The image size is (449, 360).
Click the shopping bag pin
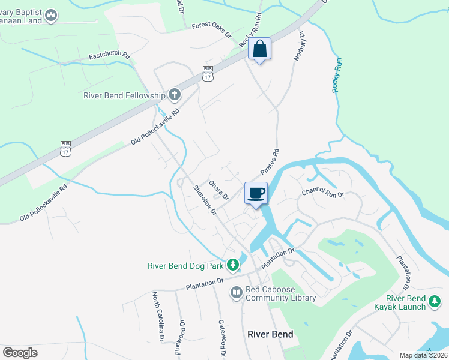pyautogui.click(x=260, y=49)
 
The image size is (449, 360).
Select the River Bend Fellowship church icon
pyautogui.click(x=174, y=94)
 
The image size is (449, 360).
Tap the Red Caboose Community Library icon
pyautogui.click(x=237, y=293)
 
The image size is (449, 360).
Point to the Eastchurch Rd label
pyautogui.click(x=110, y=55)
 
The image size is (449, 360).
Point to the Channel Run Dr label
pyautogui.click(x=323, y=193)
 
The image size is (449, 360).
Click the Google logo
pyautogui.click(x=20, y=353)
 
